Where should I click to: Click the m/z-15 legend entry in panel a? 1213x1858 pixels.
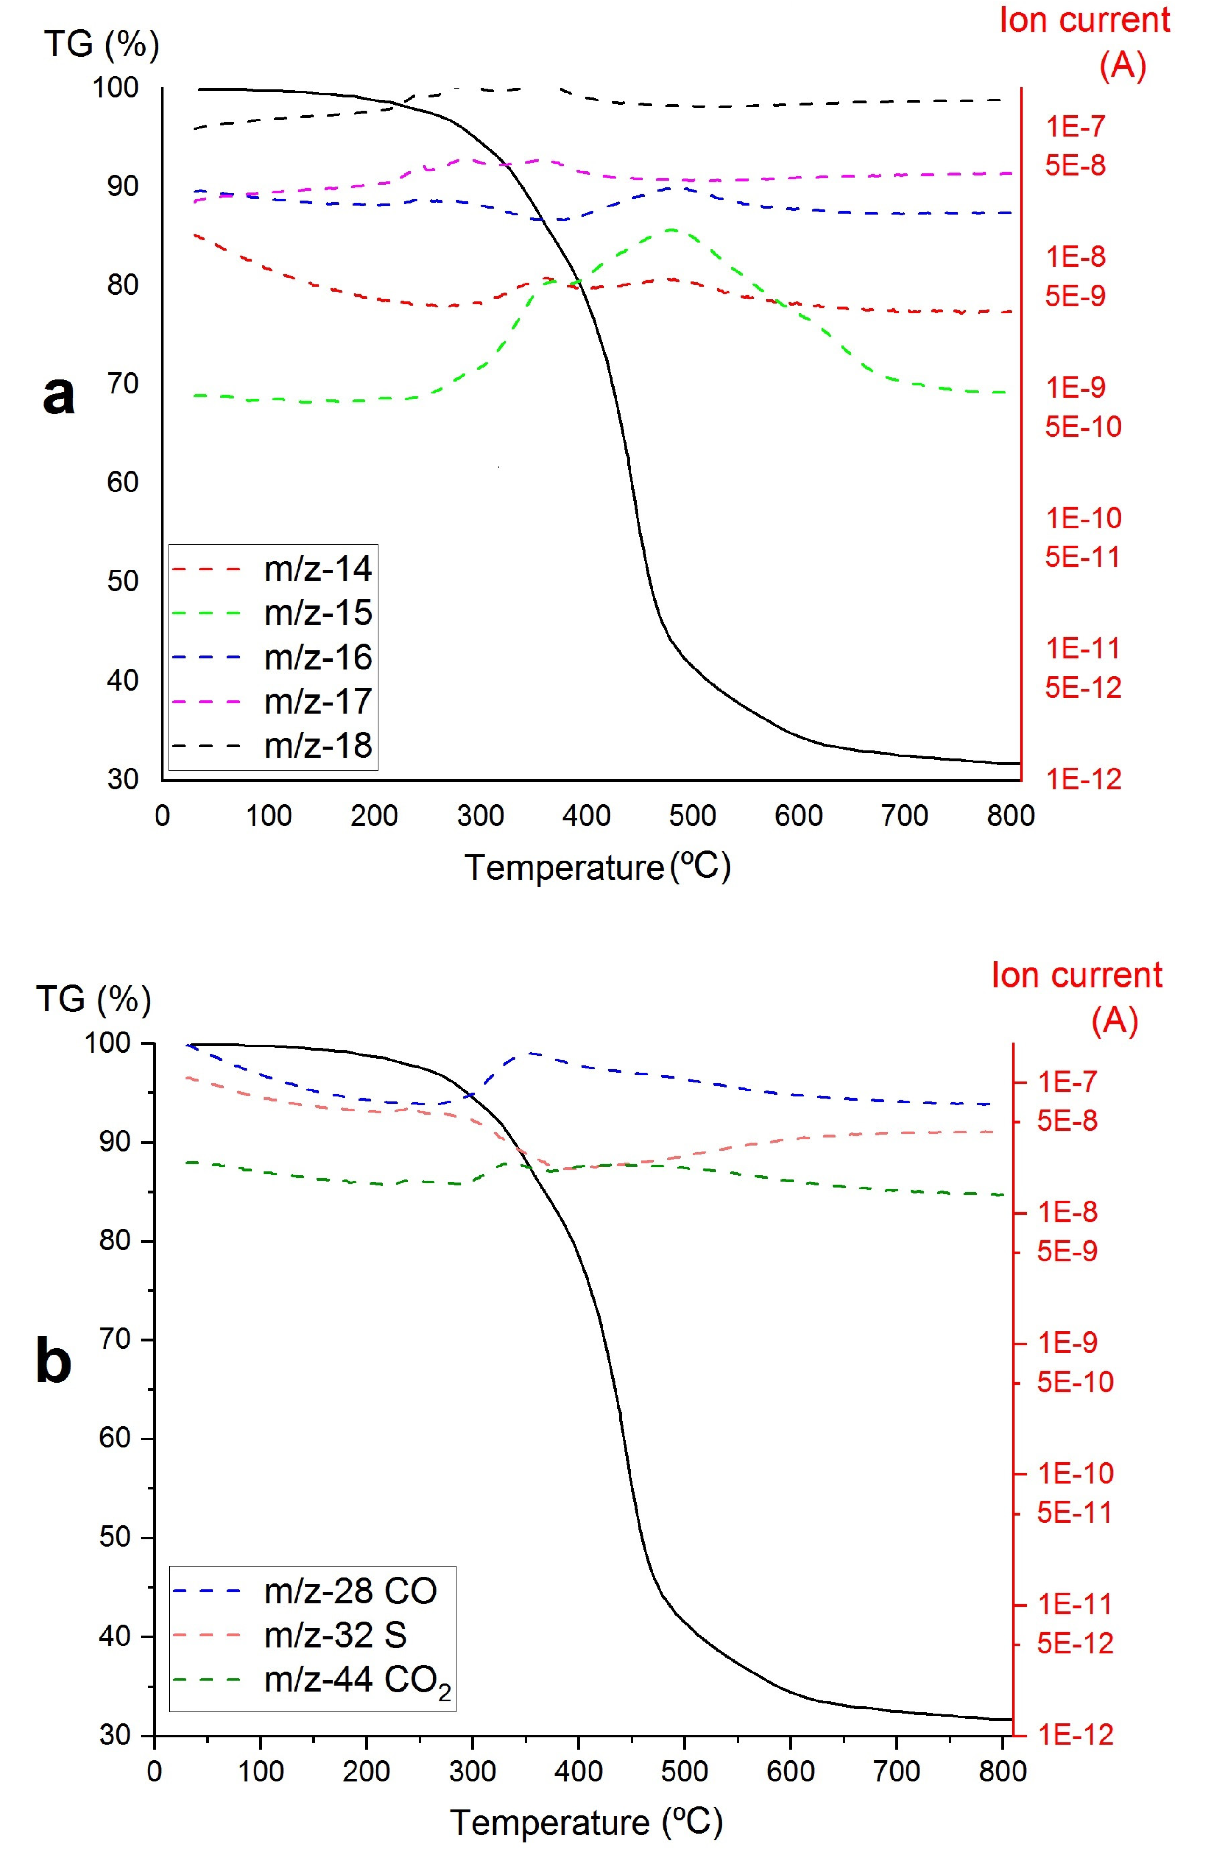click(318, 613)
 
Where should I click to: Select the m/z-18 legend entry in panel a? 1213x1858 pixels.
click(318, 746)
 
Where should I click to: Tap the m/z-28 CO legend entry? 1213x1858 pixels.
click(350, 1590)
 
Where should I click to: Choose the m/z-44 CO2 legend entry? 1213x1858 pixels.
click(357, 1679)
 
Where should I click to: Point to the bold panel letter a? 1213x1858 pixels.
click(58, 394)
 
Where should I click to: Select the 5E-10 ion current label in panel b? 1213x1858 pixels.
click(1074, 1382)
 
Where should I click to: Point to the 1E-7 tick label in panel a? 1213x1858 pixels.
click(1076, 127)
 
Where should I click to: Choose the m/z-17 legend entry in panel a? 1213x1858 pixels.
click(318, 701)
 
